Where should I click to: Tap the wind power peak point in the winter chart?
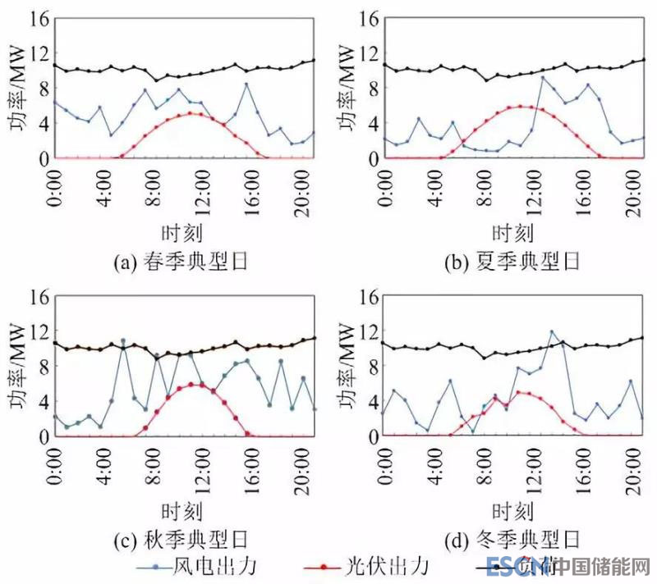(552, 332)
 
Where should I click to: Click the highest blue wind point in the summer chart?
(542, 78)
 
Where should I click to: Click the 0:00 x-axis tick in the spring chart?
(55, 185)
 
